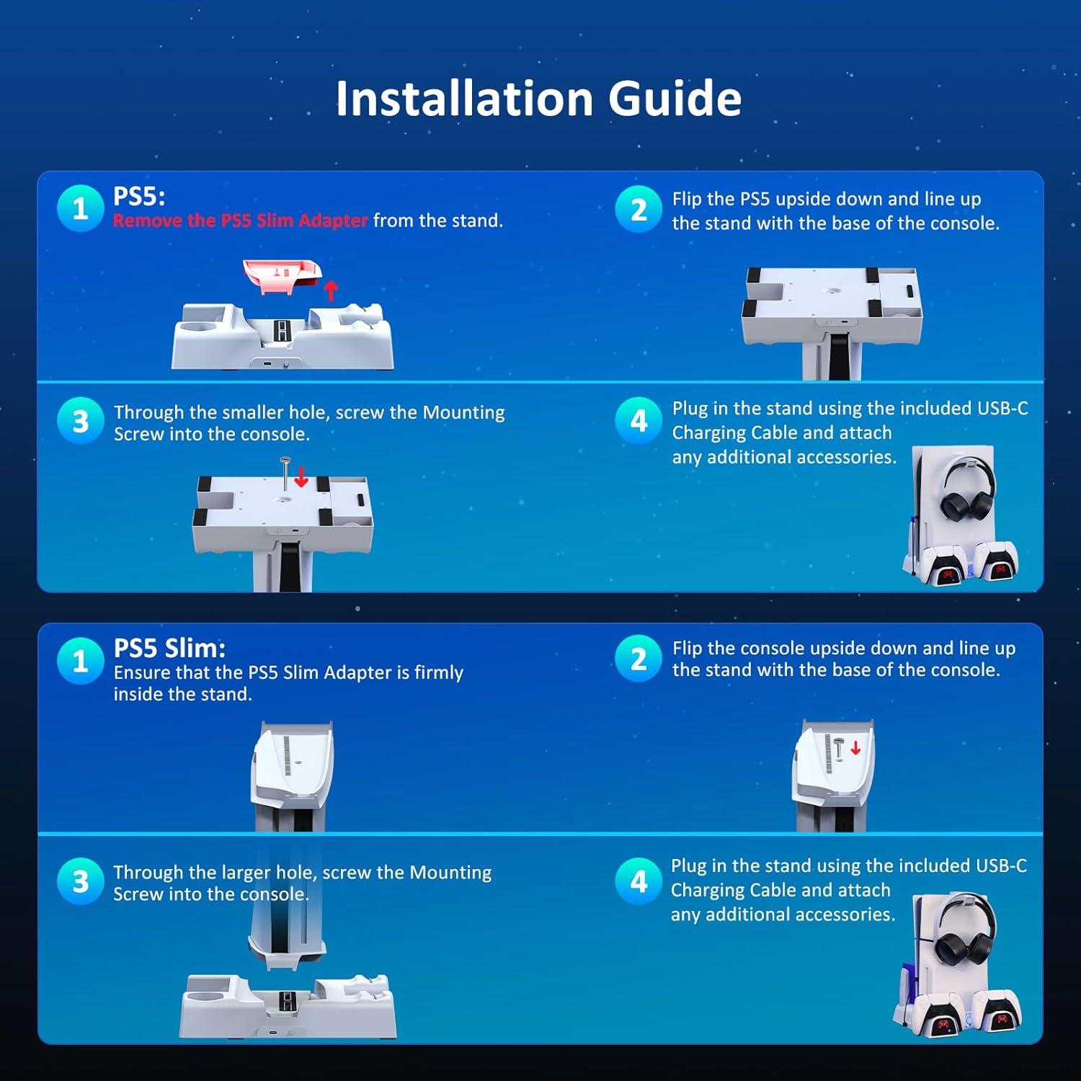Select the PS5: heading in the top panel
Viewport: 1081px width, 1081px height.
pos(139,196)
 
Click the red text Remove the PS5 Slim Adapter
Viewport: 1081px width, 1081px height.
pos(240,221)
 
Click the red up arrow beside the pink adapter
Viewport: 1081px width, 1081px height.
pos(331,290)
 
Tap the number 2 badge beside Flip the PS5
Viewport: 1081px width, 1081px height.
pos(638,209)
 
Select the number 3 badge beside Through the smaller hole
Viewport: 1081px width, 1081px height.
pos(80,421)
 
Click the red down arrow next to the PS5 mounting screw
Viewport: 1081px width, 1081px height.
pos(301,476)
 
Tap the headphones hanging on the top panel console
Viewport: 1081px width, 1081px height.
pos(959,494)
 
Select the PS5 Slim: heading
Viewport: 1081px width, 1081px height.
pos(169,648)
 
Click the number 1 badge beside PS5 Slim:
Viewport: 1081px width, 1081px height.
pos(80,660)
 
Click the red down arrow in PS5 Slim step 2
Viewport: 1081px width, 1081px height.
pos(855,747)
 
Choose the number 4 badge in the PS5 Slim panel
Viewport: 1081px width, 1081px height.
pos(638,881)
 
